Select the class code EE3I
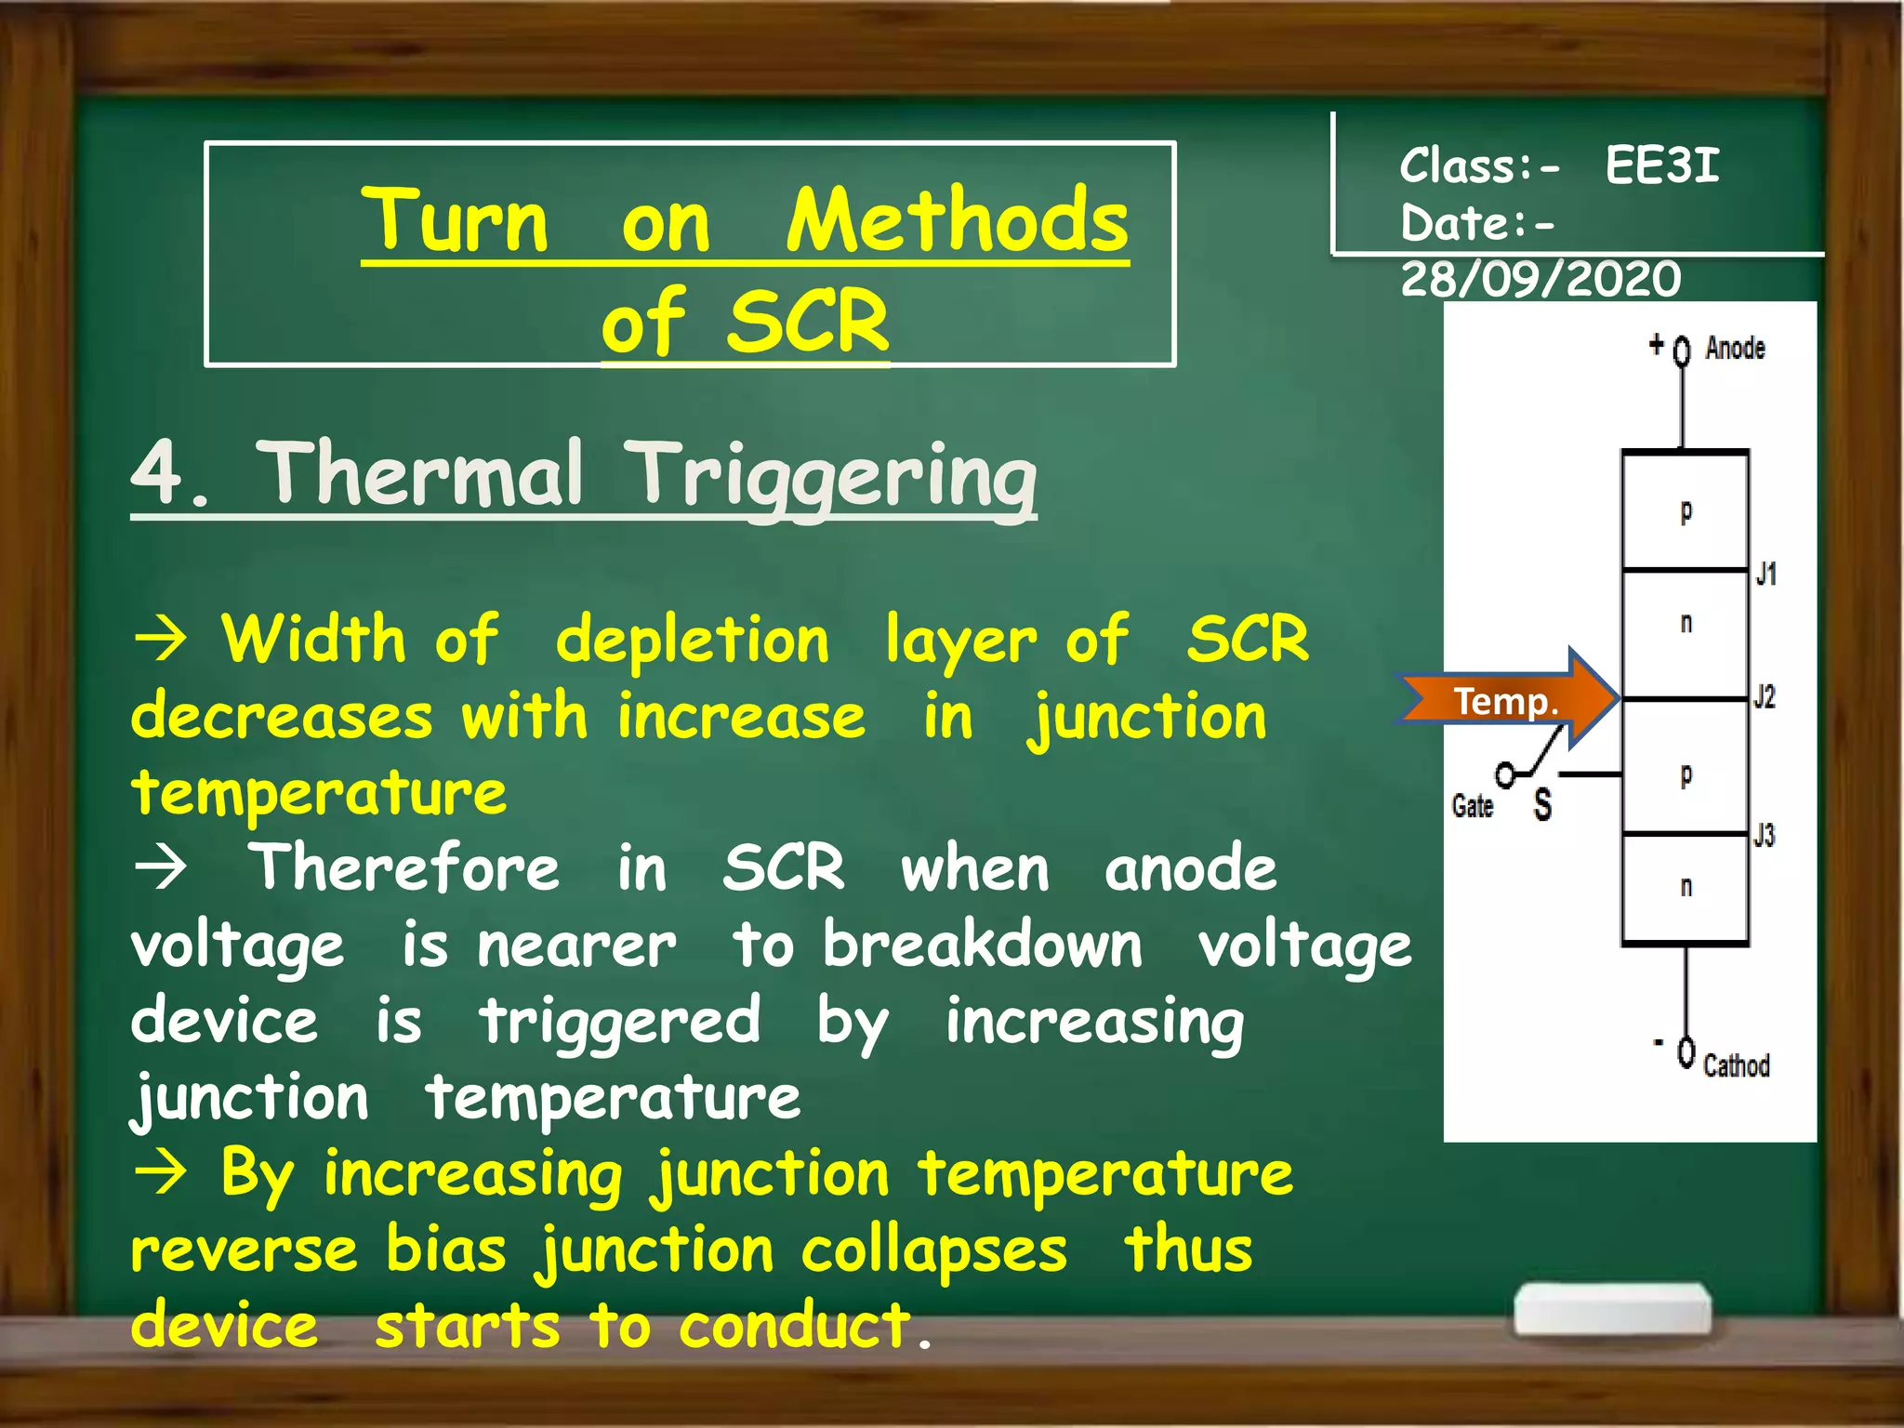(x=1662, y=166)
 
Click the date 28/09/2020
(x=1540, y=279)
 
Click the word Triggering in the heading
(x=833, y=476)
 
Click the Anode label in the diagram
(x=1735, y=348)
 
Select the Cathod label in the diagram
(x=1736, y=1064)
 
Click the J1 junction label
(x=1765, y=574)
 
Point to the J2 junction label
(x=1764, y=696)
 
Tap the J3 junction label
(x=1764, y=835)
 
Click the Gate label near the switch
(x=1473, y=805)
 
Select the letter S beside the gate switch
(x=1542, y=804)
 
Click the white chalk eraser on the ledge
(x=1613, y=1310)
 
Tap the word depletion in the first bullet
(x=692, y=641)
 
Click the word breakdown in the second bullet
(x=982, y=945)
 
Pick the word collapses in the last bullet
(x=933, y=1249)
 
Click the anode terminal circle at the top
(x=1682, y=351)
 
